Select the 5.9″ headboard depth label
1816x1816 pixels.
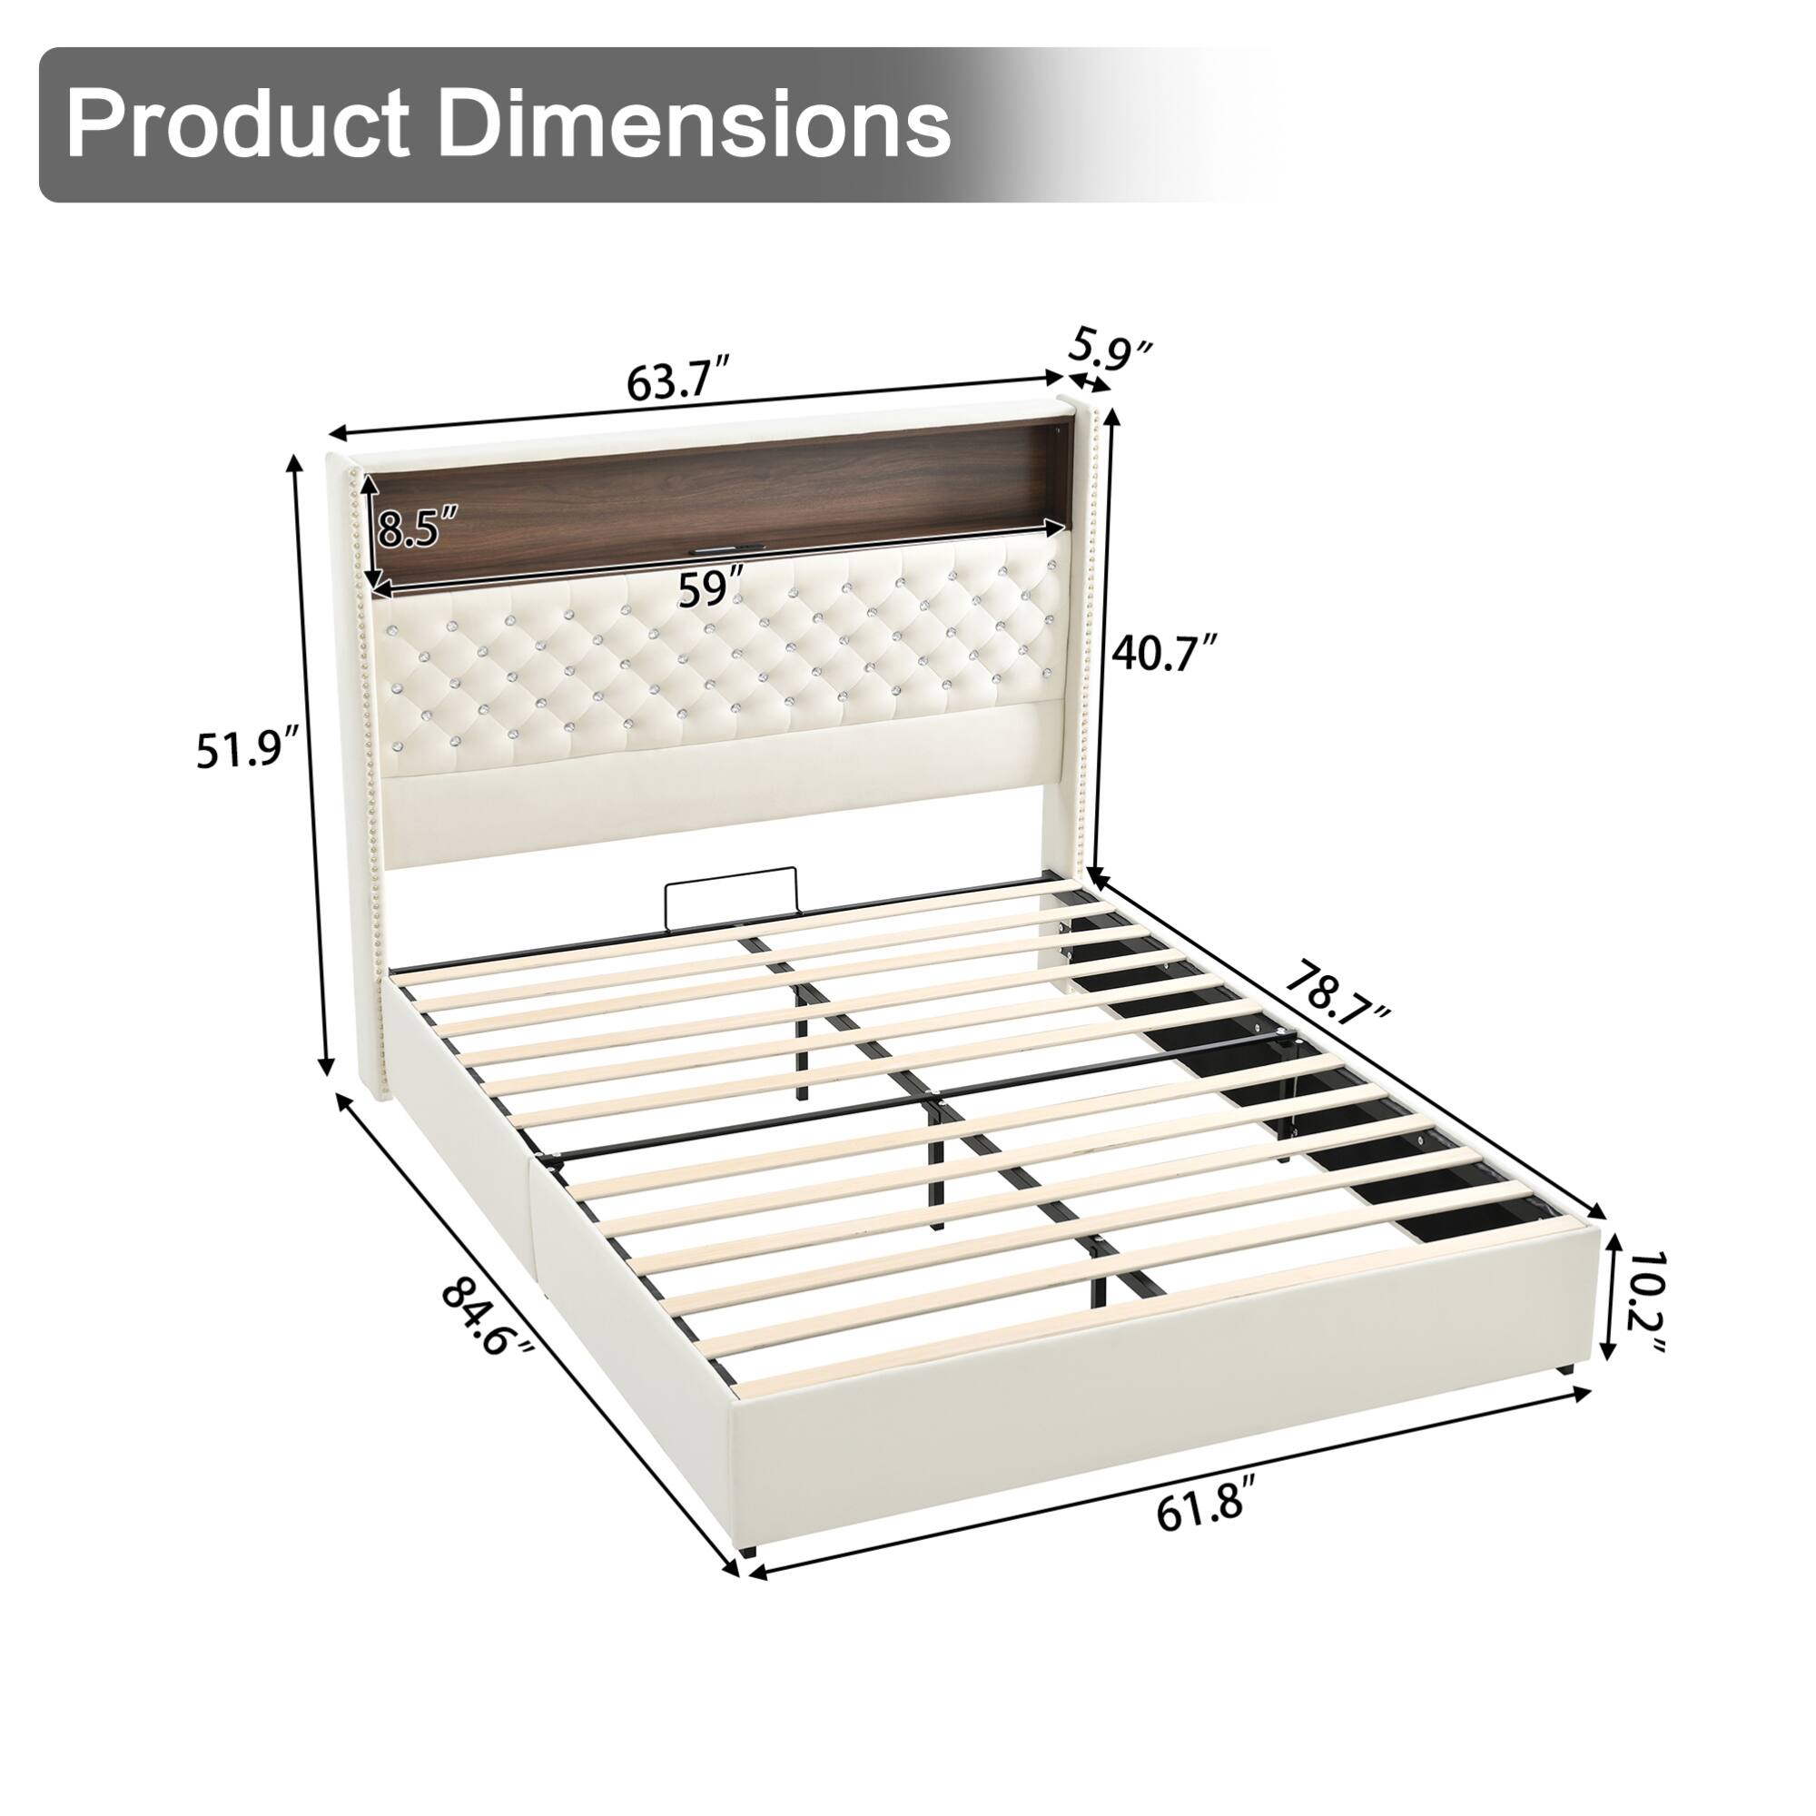coord(1110,349)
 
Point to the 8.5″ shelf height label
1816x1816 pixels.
coord(419,528)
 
